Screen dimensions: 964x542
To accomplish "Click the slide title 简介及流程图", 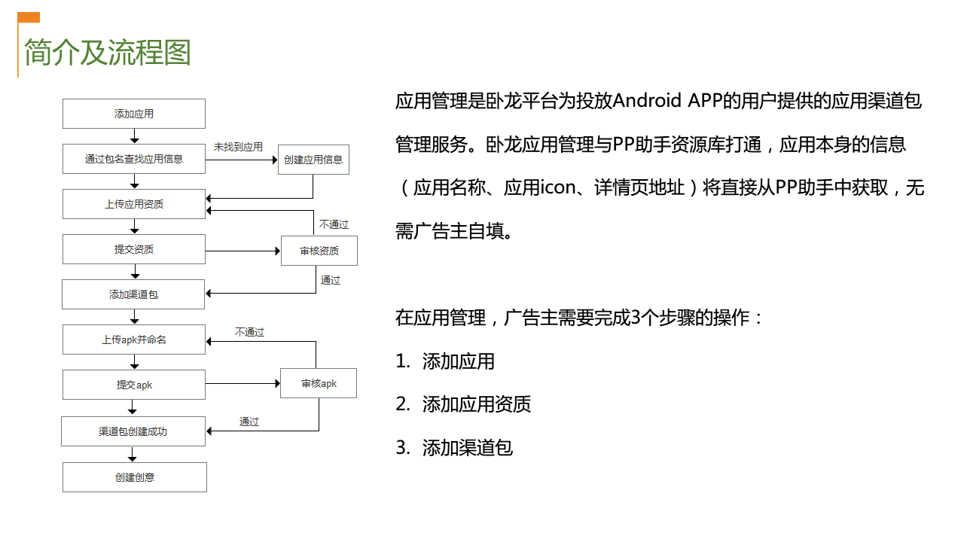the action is point(108,53).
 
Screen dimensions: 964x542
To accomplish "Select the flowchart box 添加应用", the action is point(134,114).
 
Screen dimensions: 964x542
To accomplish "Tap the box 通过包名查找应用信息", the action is point(134,159).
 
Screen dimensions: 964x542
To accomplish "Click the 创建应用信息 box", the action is point(313,160).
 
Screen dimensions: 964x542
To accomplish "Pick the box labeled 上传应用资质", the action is point(134,204).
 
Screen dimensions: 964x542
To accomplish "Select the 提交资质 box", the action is point(134,249).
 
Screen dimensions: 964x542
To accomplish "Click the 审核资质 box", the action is point(319,251).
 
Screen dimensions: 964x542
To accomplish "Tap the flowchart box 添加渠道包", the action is point(133,294).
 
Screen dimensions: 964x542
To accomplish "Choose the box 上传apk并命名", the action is point(134,340).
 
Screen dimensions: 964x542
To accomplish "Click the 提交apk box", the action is point(134,385).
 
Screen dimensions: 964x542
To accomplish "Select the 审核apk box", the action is point(319,383).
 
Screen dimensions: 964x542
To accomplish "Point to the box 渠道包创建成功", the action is point(133,431).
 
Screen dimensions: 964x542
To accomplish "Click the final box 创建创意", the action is point(135,477).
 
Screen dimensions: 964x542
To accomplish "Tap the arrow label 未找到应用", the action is point(238,147).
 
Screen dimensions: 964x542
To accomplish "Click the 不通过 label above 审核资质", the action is point(334,224).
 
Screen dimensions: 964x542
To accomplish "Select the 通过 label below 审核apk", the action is point(249,422).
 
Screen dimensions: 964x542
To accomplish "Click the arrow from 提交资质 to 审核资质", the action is point(243,251).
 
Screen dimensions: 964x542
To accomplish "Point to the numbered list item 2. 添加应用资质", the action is point(463,404).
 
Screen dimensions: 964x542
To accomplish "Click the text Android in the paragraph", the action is point(646,101).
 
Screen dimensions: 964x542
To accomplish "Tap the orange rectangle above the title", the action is point(29,17).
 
